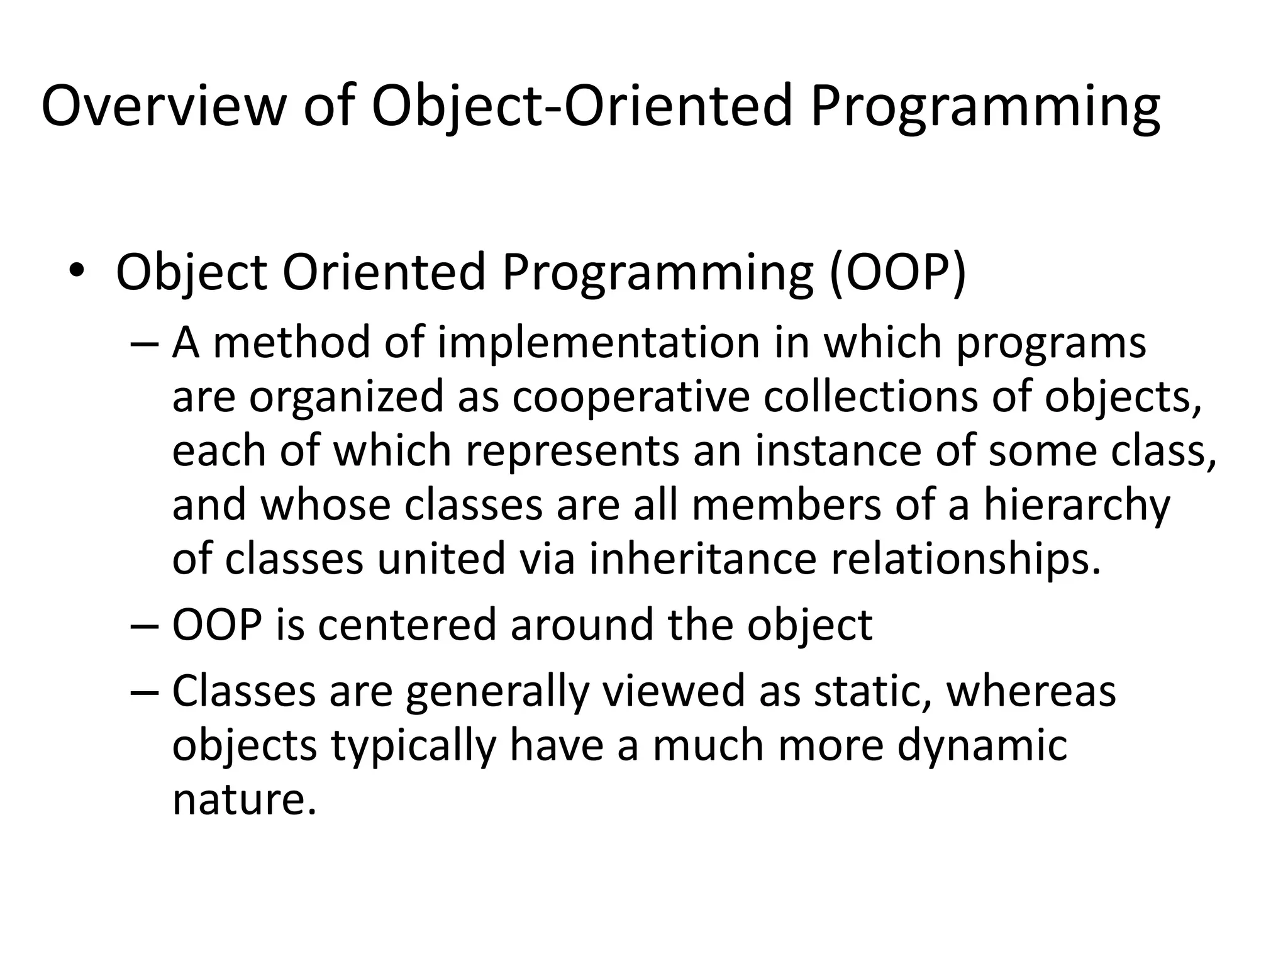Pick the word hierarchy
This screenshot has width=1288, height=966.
pyautogui.click(x=1077, y=506)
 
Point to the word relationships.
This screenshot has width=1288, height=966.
pyautogui.click(x=966, y=559)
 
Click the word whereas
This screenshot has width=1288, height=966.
pyautogui.click(x=1031, y=691)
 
